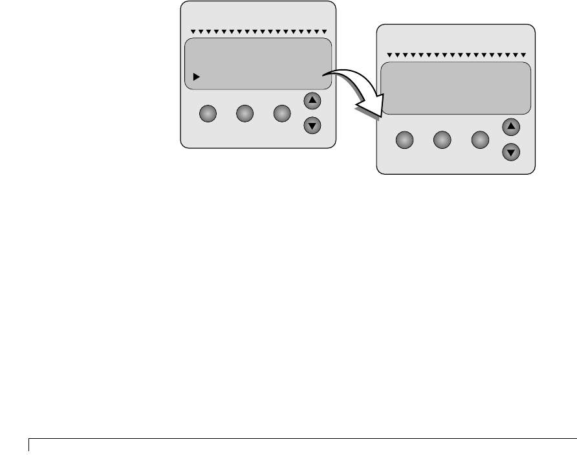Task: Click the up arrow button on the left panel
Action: click(x=312, y=101)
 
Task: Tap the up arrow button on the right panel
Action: click(x=512, y=127)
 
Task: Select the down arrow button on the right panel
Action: click(x=512, y=153)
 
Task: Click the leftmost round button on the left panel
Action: click(x=207, y=114)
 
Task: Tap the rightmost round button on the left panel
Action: click(x=281, y=114)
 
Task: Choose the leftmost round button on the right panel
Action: click(x=404, y=140)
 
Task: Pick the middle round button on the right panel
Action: click(x=442, y=140)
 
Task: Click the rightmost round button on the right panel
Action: click(x=479, y=140)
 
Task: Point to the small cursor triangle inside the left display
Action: click(x=196, y=76)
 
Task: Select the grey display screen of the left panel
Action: click(x=258, y=63)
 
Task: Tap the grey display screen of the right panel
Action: click(x=455, y=89)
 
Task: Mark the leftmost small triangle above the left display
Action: click(x=193, y=32)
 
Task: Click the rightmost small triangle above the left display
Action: click(x=324, y=32)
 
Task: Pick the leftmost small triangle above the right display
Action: click(x=389, y=55)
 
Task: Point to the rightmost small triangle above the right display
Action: click(x=523, y=55)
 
